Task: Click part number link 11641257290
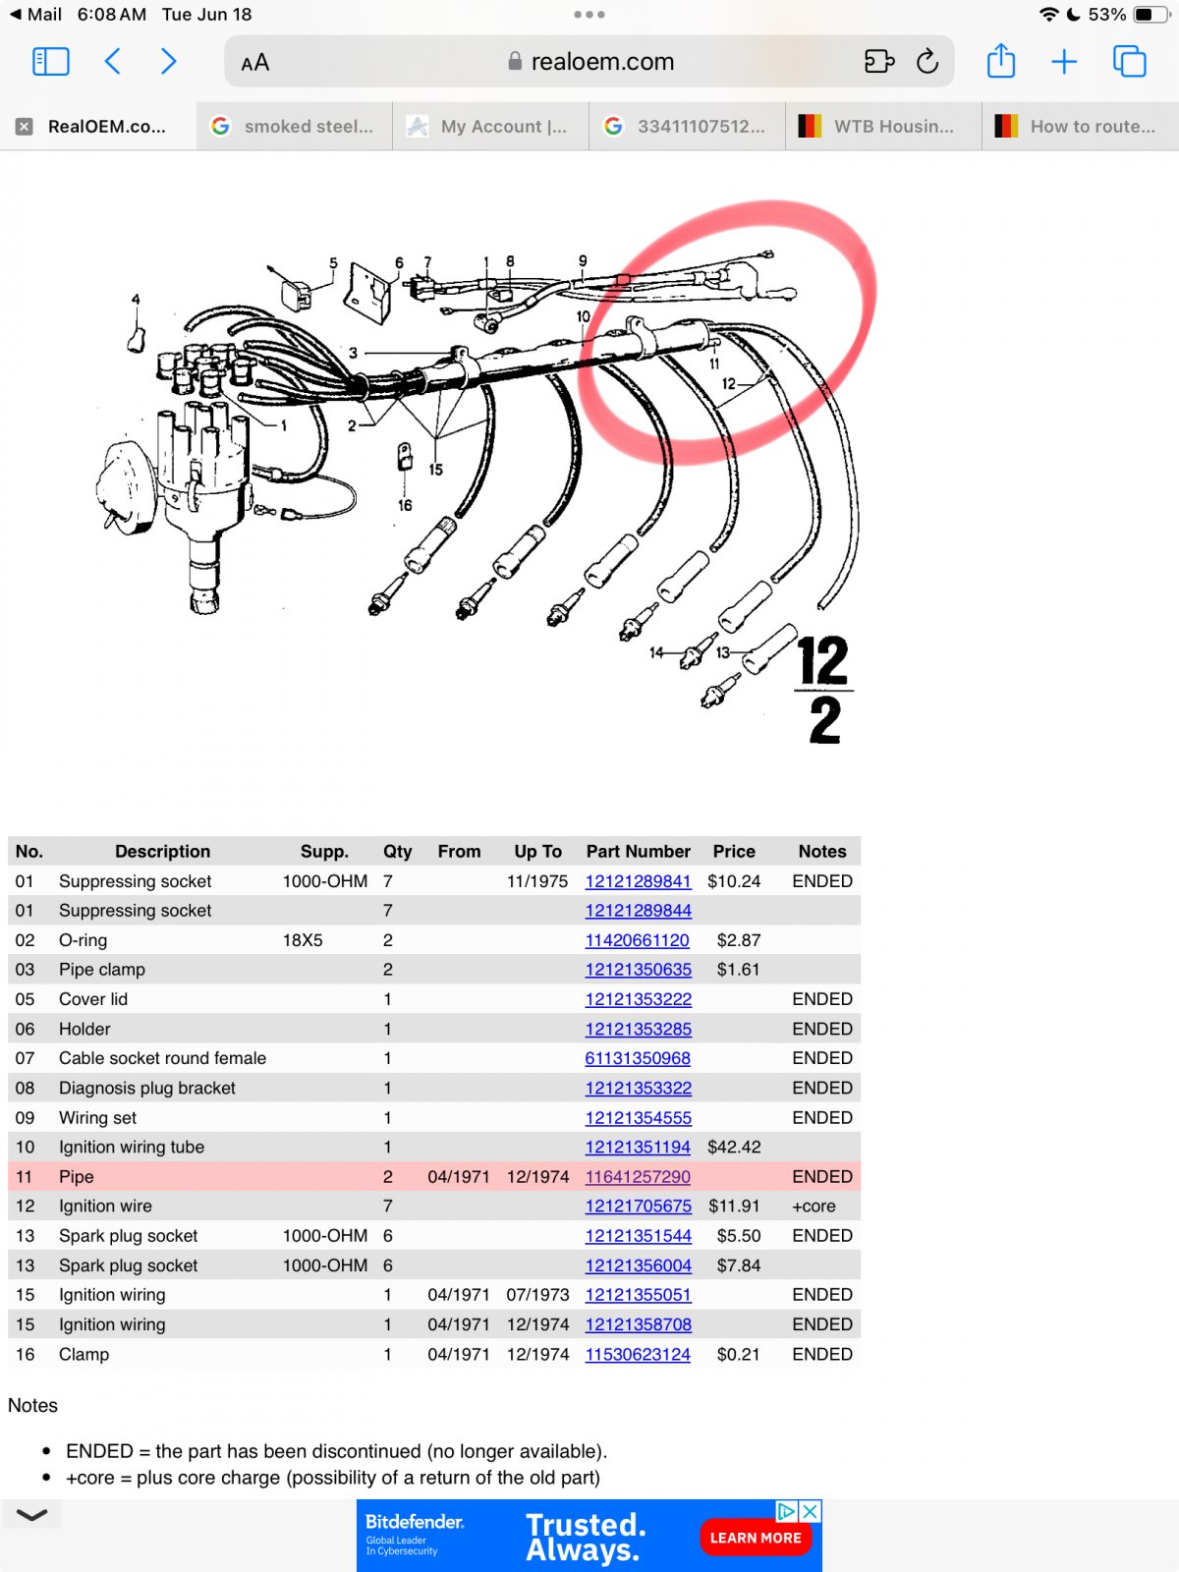pyautogui.click(x=638, y=1176)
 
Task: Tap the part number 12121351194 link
pyautogui.click(x=638, y=1147)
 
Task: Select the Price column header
pyautogui.click(x=734, y=851)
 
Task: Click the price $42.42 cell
pyautogui.click(x=734, y=1147)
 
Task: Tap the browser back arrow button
pyautogui.click(x=113, y=62)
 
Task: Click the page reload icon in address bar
pyautogui.click(x=927, y=62)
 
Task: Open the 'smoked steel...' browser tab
pyautogui.click(x=295, y=126)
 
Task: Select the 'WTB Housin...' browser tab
pyautogui.click(x=884, y=126)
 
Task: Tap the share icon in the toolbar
pyautogui.click(x=1001, y=61)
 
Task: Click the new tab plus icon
pyautogui.click(x=1064, y=62)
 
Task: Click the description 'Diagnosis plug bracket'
pyautogui.click(x=147, y=1088)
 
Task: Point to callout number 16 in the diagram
pyautogui.click(x=405, y=505)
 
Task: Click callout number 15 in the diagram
pyautogui.click(x=435, y=470)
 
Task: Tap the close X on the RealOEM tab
pyautogui.click(x=25, y=127)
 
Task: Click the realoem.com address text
pyautogui.click(x=602, y=62)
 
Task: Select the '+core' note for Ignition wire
pyautogui.click(x=814, y=1206)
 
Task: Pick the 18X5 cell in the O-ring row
pyautogui.click(x=303, y=940)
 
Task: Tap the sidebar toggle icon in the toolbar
pyautogui.click(x=51, y=62)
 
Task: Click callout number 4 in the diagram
pyautogui.click(x=136, y=299)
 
